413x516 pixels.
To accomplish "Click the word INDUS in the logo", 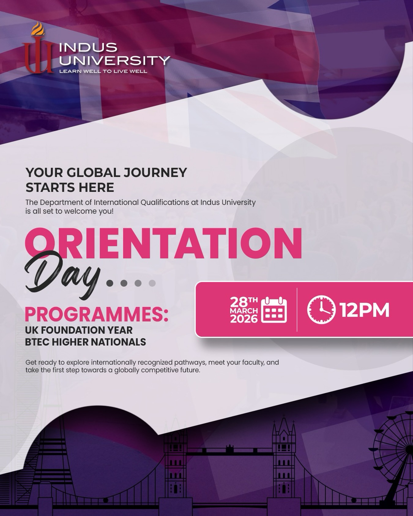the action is (x=88, y=47).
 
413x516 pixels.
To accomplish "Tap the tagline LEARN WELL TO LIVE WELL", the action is (x=103, y=71).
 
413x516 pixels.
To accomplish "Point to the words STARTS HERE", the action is (x=70, y=187).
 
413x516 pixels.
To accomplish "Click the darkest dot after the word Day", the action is (x=110, y=283).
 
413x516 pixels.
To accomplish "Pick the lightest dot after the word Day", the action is (x=152, y=283).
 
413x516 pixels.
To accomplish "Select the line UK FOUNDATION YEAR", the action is (x=79, y=330).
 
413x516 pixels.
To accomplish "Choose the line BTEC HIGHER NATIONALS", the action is (x=85, y=342).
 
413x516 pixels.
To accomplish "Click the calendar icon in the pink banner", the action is (x=274, y=310).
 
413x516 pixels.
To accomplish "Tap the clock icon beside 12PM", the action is (x=321, y=310).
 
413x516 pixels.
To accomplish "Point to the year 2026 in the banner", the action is (x=244, y=319).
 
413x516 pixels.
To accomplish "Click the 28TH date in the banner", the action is (x=244, y=302).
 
